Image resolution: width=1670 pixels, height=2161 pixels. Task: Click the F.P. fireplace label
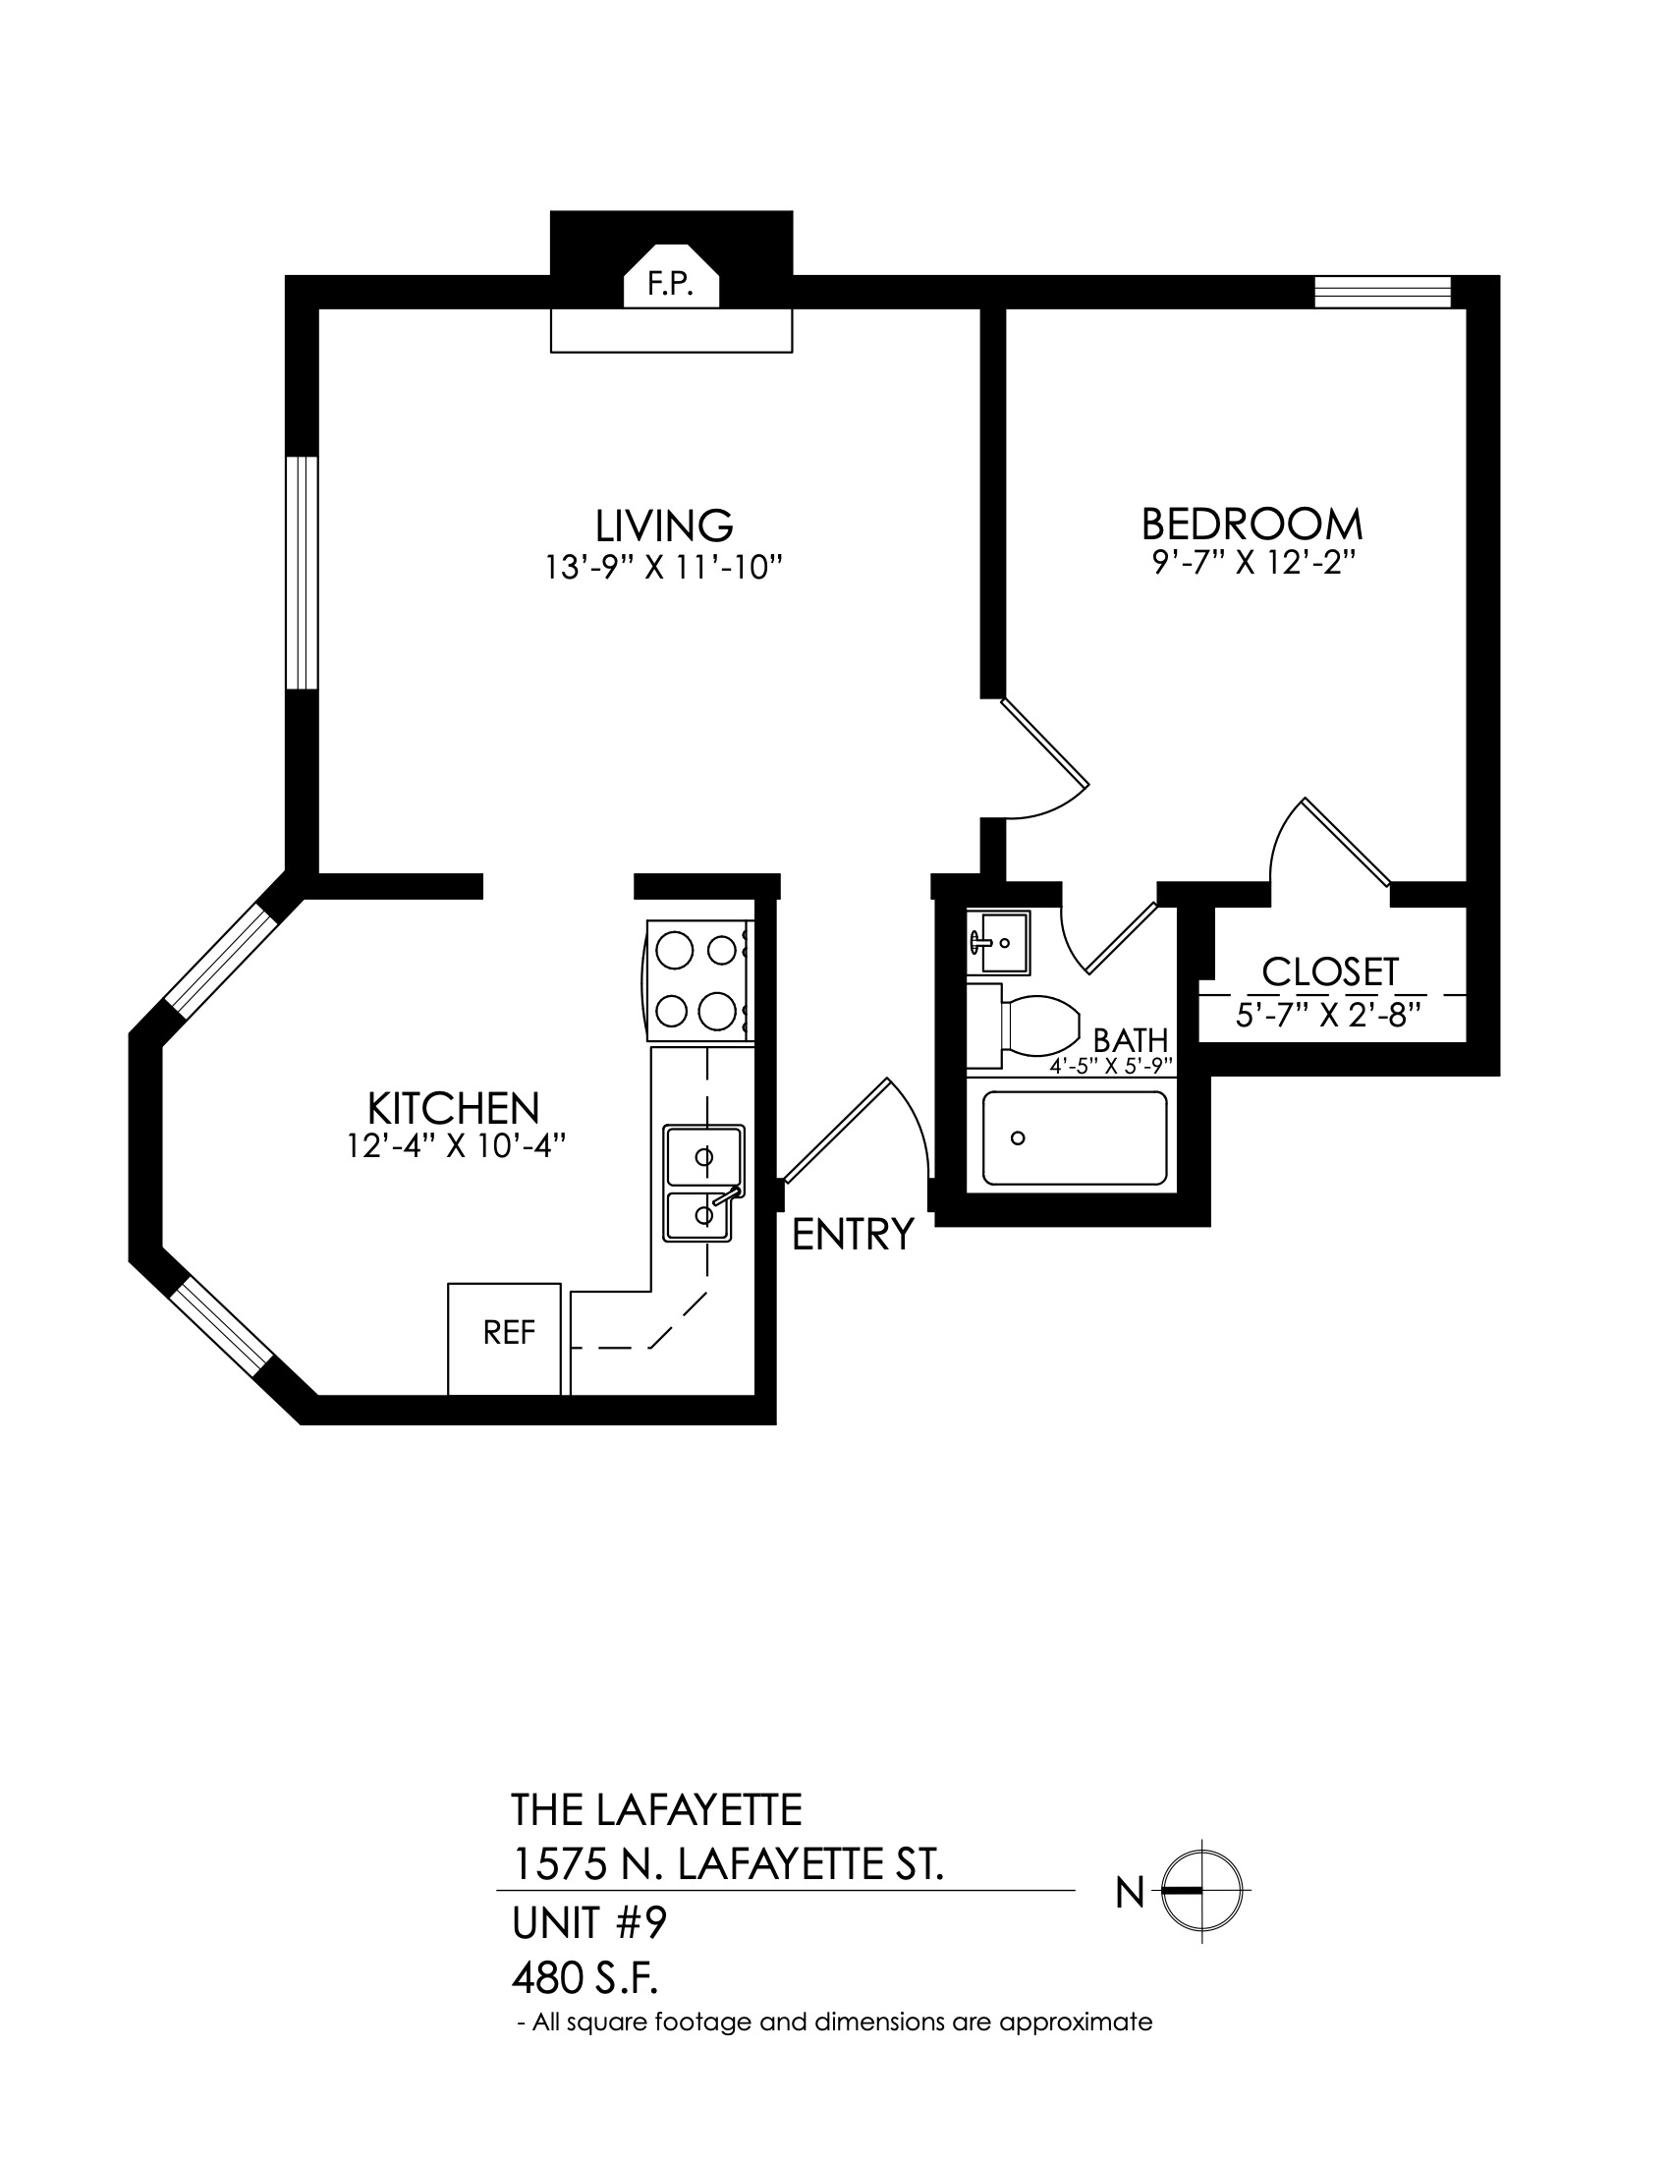669,285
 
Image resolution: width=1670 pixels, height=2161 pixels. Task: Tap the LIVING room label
664,525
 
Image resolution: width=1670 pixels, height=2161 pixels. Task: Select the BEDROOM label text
1252,523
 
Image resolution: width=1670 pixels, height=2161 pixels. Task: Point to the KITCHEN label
453,1105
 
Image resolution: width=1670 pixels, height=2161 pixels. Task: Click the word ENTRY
853,1234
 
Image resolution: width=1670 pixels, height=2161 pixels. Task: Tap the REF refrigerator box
505,1339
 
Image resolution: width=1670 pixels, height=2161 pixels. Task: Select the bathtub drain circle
1017,1137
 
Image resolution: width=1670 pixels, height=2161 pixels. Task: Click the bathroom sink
998,941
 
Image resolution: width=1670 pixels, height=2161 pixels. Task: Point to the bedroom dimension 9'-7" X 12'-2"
1252,563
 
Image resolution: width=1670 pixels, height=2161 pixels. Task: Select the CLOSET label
1331,971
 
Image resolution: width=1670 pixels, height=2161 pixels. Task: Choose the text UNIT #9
589,1922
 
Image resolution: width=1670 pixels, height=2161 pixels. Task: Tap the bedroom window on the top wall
1382,292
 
